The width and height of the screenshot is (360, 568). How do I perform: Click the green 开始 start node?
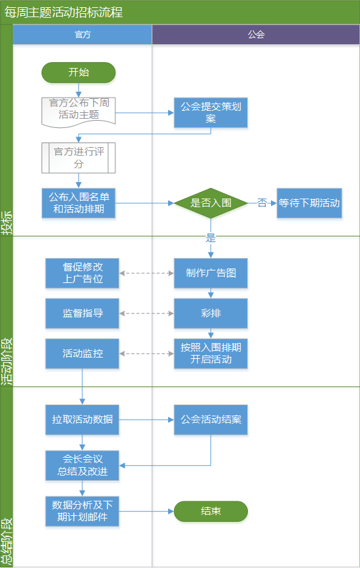point(78,73)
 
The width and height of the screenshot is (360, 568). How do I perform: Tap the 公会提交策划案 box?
point(211,113)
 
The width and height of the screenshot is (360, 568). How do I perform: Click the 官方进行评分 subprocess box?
point(78,158)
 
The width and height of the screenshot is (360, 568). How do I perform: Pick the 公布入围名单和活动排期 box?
point(78,203)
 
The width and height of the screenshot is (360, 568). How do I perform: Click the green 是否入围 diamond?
point(211,203)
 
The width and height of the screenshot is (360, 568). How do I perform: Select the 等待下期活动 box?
point(309,203)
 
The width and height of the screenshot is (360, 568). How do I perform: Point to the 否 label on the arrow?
point(262,203)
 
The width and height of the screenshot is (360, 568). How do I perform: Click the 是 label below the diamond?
point(211,238)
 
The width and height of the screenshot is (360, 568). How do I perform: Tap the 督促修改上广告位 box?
point(82,273)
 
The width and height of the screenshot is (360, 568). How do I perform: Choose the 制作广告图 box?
point(211,273)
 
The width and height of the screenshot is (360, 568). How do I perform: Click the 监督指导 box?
point(82,313)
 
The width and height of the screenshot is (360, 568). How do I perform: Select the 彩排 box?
point(211,313)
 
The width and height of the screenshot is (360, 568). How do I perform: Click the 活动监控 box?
point(82,354)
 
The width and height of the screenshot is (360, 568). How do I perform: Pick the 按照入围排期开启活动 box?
point(211,354)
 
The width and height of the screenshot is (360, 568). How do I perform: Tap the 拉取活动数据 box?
point(82,420)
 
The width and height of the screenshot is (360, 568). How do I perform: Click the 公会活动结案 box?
point(211,420)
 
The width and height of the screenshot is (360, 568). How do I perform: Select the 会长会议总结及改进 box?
point(82,466)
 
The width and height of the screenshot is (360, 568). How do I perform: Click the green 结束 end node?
point(211,511)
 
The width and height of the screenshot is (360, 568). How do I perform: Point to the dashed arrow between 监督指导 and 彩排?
point(146,313)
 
